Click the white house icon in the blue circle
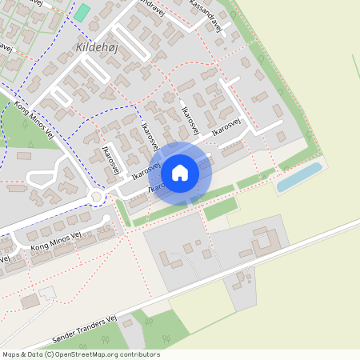pos(180,173)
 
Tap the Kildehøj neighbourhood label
pos(97,48)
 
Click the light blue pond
pos(298,178)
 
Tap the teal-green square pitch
pos(82,12)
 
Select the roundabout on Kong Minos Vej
pos(98,197)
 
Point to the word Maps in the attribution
pos(12,354)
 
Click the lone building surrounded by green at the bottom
pos(129,322)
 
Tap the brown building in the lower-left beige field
pos(30,302)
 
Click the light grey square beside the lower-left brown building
pos(49,294)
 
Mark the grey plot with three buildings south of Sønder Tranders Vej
pos(240,285)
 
